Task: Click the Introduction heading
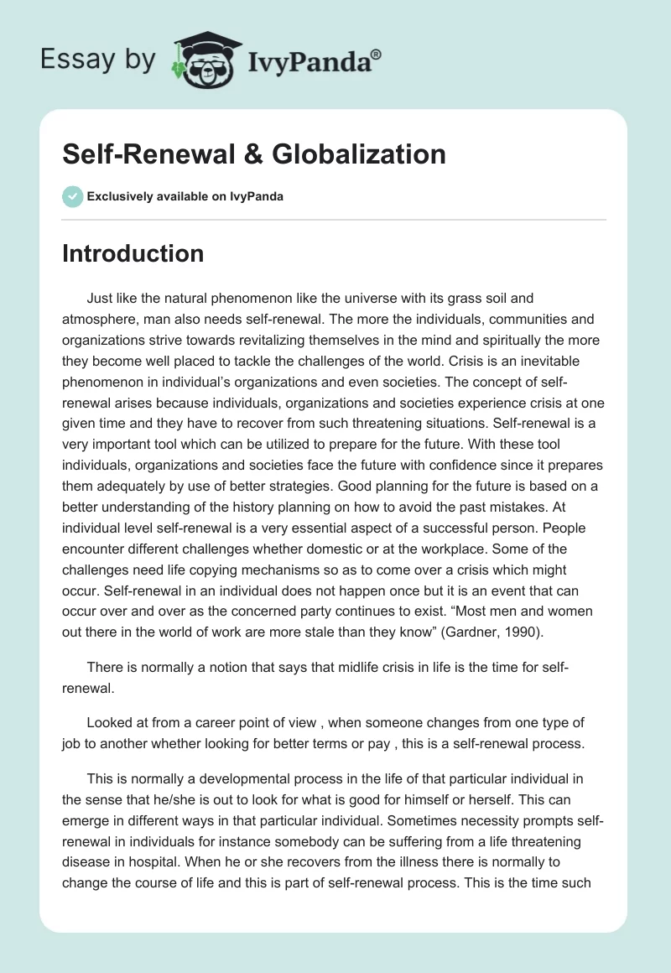(x=133, y=253)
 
